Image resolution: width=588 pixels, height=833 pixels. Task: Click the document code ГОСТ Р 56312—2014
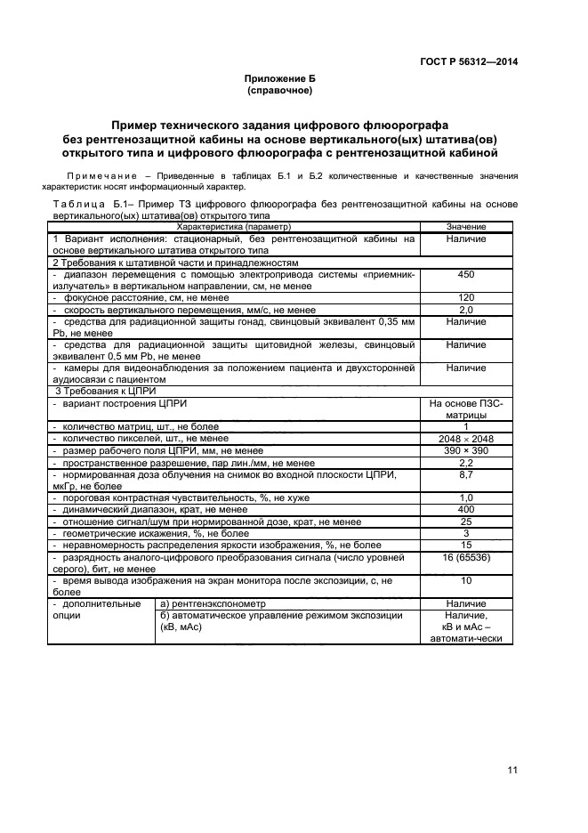coord(469,61)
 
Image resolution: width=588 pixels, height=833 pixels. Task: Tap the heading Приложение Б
coord(280,80)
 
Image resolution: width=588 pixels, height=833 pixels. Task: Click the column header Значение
coord(466,228)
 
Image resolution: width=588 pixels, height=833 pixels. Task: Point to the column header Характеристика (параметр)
coord(233,228)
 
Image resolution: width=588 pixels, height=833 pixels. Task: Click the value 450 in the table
coord(466,275)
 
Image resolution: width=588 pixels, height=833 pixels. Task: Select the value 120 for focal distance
coord(466,297)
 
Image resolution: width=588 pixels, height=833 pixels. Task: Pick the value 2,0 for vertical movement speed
coord(466,310)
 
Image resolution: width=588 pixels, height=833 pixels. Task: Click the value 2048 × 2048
coord(466,438)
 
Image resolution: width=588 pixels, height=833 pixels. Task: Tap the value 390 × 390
coord(466,450)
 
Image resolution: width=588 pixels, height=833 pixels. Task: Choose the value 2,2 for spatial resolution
coord(466,463)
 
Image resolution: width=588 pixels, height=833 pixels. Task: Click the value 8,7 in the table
coord(466,475)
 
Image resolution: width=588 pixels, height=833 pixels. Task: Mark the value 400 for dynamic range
coord(466,509)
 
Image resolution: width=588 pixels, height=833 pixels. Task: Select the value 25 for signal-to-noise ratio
coord(466,521)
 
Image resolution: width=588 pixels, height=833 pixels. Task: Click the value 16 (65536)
coord(466,555)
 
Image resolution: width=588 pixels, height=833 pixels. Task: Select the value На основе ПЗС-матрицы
coord(466,408)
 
